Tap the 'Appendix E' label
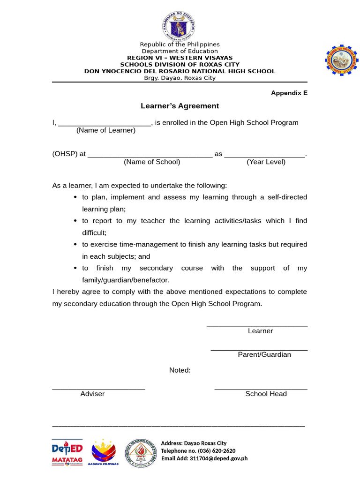[289, 93]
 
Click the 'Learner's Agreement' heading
[180, 106]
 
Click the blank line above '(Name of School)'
[150, 156]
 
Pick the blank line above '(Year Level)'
[265, 156]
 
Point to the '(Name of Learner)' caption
[106, 130]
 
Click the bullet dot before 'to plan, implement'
[76, 197]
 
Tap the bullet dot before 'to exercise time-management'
[76, 245]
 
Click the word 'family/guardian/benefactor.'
[126, 280]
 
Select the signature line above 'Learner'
[257, 325]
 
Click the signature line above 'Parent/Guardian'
[259, 350]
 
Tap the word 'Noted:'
[180, 370]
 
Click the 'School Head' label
[266, 394]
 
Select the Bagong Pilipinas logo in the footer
[104, 452]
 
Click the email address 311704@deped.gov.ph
[218, 458]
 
